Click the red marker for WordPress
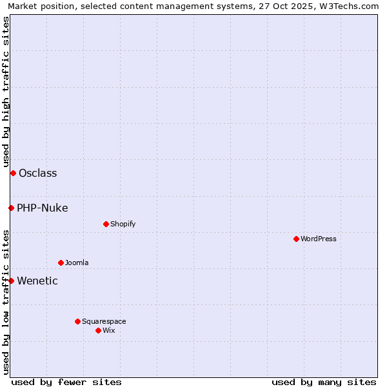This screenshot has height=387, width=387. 296,239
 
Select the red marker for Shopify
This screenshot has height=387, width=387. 106,224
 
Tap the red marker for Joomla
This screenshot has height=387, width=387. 61,263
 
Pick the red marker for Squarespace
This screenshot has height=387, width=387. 77,321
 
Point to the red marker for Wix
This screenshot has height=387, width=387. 98,330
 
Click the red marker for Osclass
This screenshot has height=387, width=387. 13,173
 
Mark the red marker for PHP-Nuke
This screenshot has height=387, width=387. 11,208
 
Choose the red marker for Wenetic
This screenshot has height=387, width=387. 11,281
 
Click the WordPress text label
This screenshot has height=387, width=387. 319,239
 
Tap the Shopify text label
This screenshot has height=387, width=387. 123,224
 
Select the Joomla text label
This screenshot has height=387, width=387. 77,263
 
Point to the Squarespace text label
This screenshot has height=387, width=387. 104,321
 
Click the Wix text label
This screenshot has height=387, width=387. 108,330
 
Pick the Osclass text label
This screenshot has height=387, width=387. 37,173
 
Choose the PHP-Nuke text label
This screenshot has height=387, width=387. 42,208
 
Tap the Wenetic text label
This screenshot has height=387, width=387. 37,281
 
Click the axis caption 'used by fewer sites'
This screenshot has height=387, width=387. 66,382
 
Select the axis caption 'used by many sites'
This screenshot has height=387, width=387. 324,382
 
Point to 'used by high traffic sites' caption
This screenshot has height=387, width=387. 6,92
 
